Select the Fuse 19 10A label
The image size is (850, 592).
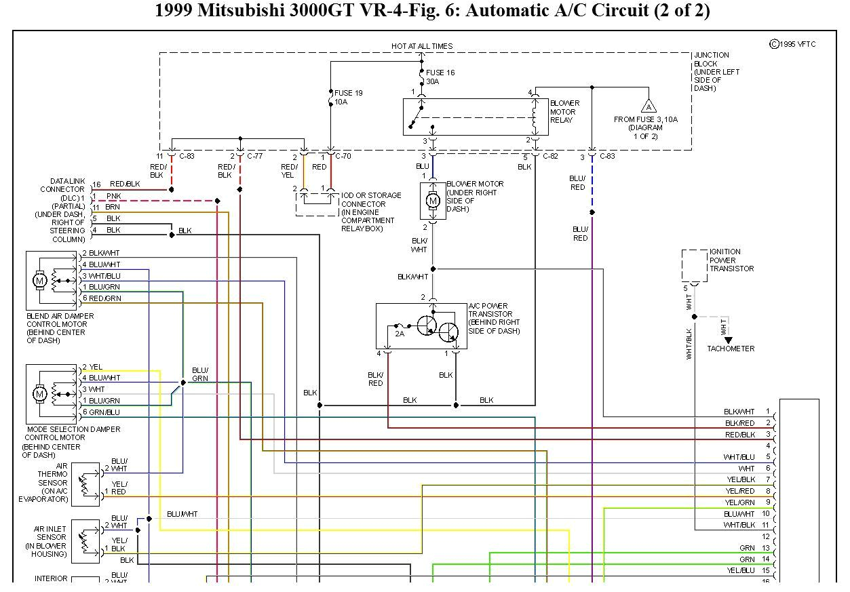(x=348, y=97)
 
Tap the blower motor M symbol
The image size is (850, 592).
(x=433, y=201)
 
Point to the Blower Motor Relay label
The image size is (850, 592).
(x=563, y=112)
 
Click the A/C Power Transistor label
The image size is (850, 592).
(x=494, y=319)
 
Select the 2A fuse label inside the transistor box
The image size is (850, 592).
(x=400, y=333)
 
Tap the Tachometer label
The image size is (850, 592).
(x=730, y=349)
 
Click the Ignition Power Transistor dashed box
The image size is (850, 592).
(x=694, y=264)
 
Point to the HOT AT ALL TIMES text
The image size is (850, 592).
(x=422, y=46)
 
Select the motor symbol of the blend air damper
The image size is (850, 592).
(x=39, y=280)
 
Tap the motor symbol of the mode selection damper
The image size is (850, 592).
(x=39, y=393)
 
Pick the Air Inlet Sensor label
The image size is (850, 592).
(x=50, y=541)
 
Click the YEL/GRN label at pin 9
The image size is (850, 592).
(x=739, y=502)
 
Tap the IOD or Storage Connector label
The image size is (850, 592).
(x=370, y=212)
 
